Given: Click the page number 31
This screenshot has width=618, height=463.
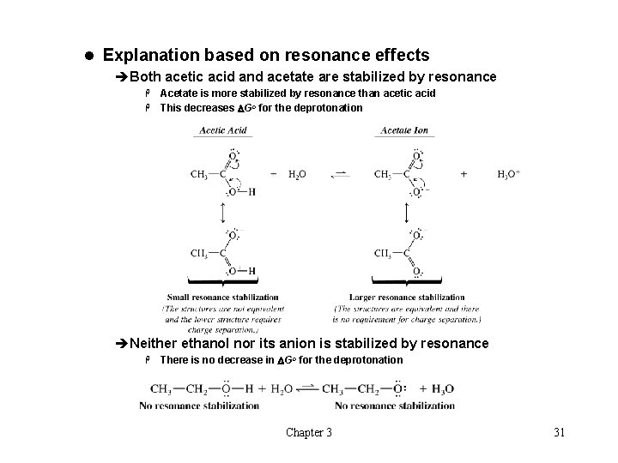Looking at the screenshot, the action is (559, 432).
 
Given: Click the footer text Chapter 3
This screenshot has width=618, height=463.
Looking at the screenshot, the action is (309, 432).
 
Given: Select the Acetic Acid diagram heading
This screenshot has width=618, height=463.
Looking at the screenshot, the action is (223, 130).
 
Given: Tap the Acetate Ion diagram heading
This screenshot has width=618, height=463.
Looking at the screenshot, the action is (403, 130).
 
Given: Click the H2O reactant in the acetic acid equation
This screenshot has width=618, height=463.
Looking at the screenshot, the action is (296, 174).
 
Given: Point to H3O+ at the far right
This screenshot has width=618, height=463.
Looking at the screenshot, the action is (509, 174).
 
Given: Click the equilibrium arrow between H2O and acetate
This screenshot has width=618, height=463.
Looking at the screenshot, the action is (341, 174).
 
